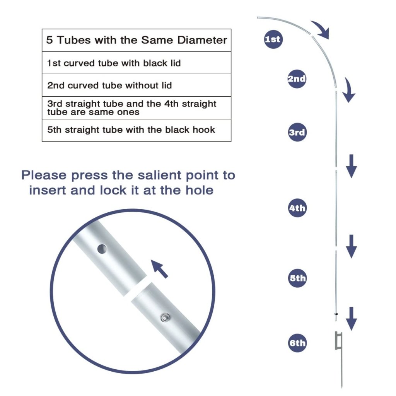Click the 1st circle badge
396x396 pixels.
coord(273,39)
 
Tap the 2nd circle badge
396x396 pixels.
coord(297,79)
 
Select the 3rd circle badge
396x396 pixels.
coord(297,132)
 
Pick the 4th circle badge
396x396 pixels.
coord(297,208)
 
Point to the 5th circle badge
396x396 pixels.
coord(297,278)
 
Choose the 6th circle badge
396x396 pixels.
coord(297,343)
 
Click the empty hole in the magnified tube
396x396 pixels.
coord(102,249)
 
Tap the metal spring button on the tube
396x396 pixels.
coord(165,317)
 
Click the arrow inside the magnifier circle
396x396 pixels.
coord(160,269)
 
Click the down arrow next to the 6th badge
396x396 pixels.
coord(351,319)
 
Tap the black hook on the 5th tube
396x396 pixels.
coord(336,314)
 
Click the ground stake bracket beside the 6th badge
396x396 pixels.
coord(338,340)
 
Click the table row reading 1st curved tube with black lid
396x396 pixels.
coord(137,63)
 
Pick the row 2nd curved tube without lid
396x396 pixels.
coord(137,85)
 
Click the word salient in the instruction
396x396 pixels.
coord(159,175)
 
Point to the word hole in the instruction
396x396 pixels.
coord(200,190)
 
